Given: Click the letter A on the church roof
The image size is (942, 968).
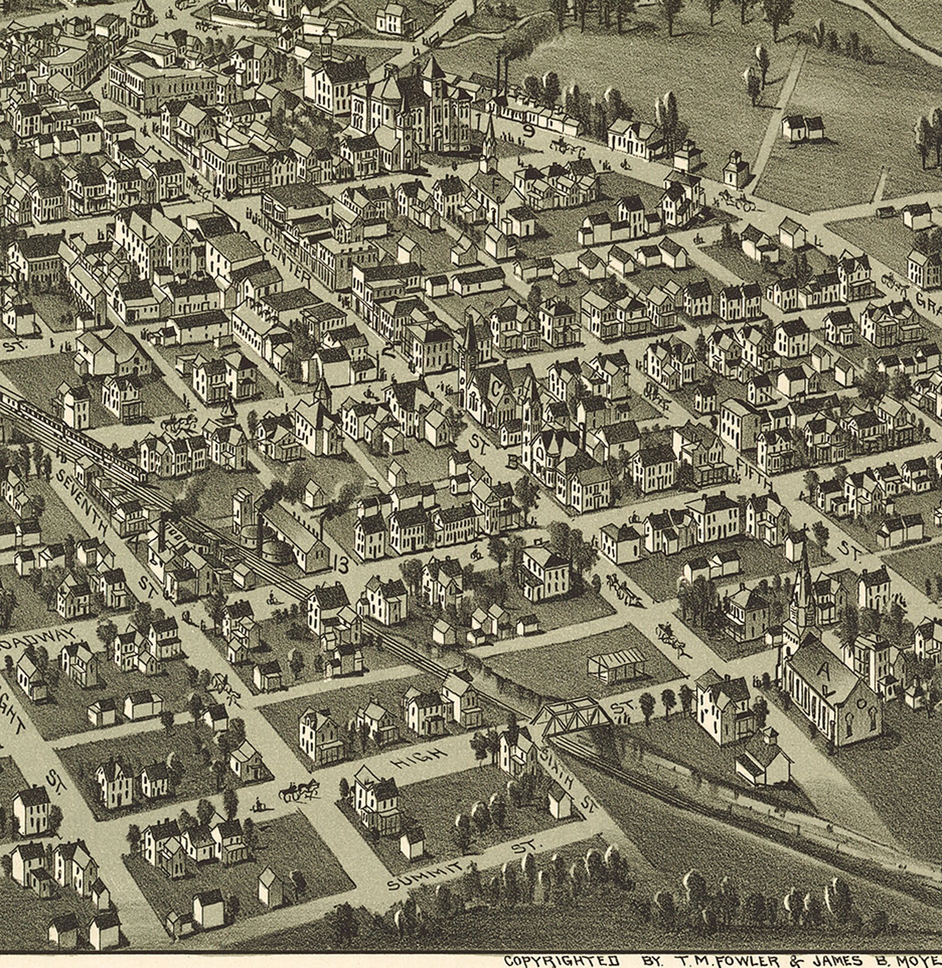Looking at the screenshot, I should pyautogui.click(x=823, y=671).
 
